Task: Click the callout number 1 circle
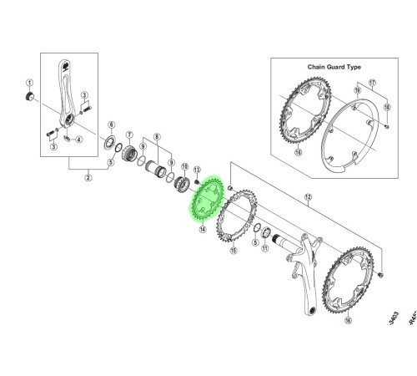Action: (x=28, y=84)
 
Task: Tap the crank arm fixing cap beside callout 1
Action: (x=28, y=99)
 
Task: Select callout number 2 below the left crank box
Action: (x=88, y=176)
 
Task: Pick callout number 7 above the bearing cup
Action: (x=130, y=135)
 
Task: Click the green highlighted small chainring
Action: (x=203, y=201)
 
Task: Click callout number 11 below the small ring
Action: (x=264, y=248)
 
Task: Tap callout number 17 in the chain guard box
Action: (x=373, y=83)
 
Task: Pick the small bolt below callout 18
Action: (x=389, y=125)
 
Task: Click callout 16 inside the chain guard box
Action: (x=298, y=154)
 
